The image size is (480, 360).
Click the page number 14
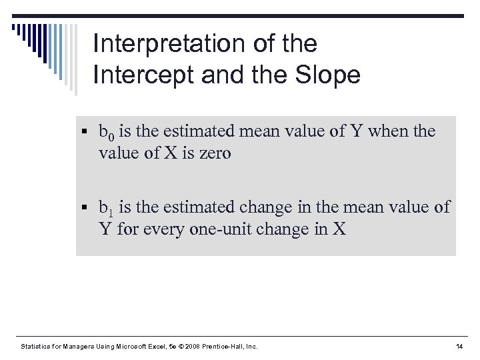pos(459,346)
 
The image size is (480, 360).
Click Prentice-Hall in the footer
pos(226,346)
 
